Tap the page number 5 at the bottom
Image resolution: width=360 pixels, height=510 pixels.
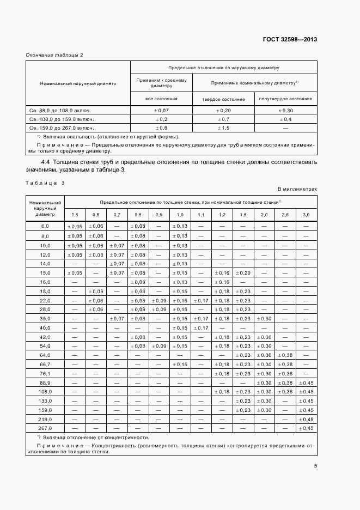click(x=315, y=465)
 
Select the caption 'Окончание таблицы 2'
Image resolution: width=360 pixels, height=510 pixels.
click(x=54, y=54)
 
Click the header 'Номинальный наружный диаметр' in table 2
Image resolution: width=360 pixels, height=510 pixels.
click(x=78, y=84)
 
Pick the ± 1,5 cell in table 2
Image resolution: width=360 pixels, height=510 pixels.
click(x=223, y=127)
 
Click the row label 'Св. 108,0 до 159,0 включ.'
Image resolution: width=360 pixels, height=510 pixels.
click(x=61, y=119)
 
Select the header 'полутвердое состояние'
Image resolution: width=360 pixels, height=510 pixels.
click(x=286, y=99)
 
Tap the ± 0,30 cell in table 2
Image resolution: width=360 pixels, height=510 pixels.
click(x=286, y=110)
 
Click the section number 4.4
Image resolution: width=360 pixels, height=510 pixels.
click(x=46, y=162)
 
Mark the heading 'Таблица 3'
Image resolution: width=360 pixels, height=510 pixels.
click(x=45, y=183)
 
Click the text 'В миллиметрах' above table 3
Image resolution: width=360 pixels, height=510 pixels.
click(x=297, y=189)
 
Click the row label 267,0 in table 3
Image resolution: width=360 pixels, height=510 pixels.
click(x=45, y=429)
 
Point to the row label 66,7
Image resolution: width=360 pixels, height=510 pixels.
click(x=45, y=364)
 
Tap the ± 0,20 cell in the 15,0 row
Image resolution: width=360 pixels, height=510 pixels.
click(x=243, y=272)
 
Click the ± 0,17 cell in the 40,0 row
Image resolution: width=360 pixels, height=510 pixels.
click(x=201, y=327)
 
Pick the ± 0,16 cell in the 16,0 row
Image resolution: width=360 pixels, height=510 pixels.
click(x=222, y=282)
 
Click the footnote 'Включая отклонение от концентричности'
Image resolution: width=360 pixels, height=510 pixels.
click(x=95, y=438)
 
